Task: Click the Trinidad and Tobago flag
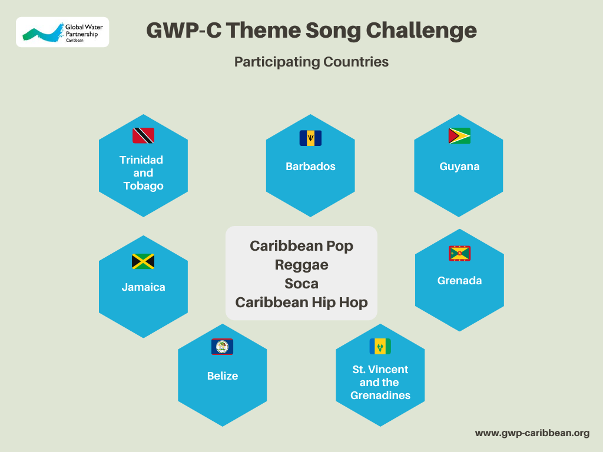tap(144, 136)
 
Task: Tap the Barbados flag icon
tap(310, 138)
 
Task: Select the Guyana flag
tap(459, 136)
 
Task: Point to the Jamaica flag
tap(143, 261)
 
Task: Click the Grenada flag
tap(459, 253)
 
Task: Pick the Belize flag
tap(222, 347)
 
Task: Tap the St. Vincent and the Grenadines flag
tap(380, 346)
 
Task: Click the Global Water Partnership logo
tap(62, 32)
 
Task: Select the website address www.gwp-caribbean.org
tap(532, 433)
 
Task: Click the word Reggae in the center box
tap(301, 265)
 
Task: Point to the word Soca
tap(301, 284)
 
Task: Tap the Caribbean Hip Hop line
tap(301, 303)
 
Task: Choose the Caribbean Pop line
tap(301, 246)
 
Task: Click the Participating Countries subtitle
tap(312, 62)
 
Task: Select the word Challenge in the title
tap(421, 31)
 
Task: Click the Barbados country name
tap(310, 167)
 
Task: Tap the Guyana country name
tap(459, 167)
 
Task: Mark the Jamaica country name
tap(144, 287)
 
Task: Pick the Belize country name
tap(222, 376)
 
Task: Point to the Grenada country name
tap(459, 281)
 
